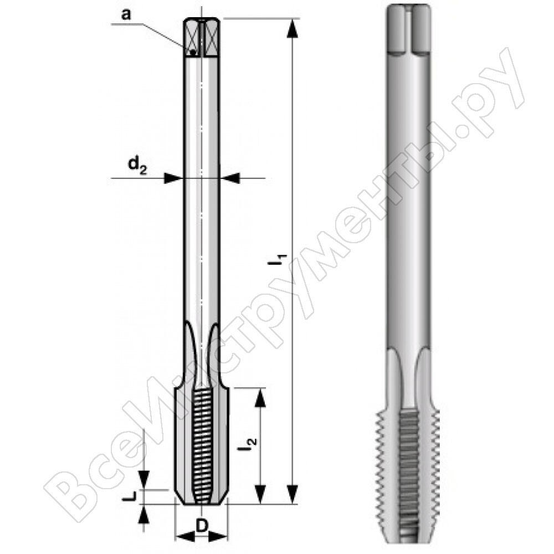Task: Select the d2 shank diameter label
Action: click(x=137, y=165)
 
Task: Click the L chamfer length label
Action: click(x=129, y=497)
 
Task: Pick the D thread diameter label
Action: click(x=202, y=526)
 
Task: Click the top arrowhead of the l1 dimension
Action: click(x=292, y=28)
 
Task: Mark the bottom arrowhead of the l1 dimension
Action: click(x=292, y=494)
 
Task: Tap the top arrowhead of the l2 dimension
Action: click(x=260, y=398)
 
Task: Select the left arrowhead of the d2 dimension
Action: click(x=173, y=178)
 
